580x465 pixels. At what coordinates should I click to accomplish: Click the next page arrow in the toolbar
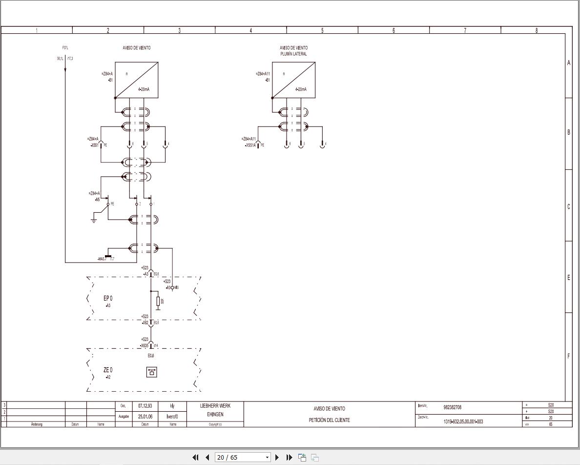tap(277, 458)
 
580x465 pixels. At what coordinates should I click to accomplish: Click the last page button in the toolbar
tap(289, 458)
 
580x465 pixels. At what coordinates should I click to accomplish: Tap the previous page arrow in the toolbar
tap(207, 458)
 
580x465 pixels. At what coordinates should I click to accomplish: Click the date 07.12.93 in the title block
tap(145, 406)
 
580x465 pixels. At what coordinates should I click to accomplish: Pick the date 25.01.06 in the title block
tap(145, 417)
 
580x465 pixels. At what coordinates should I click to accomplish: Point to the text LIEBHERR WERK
tap(215, 406)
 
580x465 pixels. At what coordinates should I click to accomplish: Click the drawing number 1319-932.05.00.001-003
tap(463, 421)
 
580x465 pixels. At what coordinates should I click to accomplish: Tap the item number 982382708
tap(452, 407)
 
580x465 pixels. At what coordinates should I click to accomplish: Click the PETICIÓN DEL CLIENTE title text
tap(329, 420)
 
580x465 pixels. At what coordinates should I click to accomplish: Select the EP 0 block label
tap(108, 298)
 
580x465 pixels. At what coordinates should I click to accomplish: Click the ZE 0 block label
tap(108, 370)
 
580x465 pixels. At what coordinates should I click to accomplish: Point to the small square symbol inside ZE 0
tap(151, 372)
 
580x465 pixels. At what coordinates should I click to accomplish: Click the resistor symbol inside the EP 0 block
tap(158, 301)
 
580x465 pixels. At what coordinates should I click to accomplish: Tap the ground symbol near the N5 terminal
tap(94, 221)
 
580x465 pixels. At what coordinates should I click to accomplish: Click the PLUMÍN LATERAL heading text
tap(293, 54)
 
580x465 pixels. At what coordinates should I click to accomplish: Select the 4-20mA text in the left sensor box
tap(144, 89)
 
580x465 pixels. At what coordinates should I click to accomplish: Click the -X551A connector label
tap(250, 145)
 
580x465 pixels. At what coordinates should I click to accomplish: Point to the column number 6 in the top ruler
tap(394, 30)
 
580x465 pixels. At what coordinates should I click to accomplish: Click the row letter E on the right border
tap(568, 278)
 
